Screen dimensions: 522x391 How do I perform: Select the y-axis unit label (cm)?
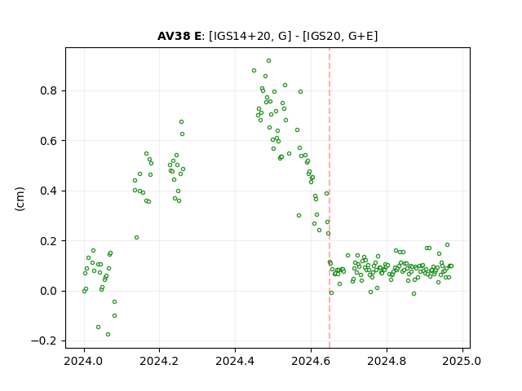[x=20, y=199]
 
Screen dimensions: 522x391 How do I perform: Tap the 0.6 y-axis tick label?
[x=49, y=141]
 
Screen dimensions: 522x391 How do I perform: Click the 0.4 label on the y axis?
[x=49, y=191]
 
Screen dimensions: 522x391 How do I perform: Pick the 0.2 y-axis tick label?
[x=49, y=241]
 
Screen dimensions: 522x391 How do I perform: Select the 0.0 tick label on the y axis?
[x=49, y=292]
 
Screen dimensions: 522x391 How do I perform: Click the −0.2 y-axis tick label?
[x=45, y=341]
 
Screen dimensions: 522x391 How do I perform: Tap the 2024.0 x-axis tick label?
[x=83, y=361]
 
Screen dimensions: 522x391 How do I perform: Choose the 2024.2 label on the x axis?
[x=159, y=361]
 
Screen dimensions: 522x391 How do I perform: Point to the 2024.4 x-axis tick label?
[x=235, y=361]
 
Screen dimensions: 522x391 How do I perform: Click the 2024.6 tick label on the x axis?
[x=311, y=361]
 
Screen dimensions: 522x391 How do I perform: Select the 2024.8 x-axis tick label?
[x=387, y=361]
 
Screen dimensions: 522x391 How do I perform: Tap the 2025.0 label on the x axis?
[x=462, y=361]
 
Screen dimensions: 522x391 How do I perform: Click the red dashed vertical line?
[x=330, y=198]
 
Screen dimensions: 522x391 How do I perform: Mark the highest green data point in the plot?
[x=268, y=61]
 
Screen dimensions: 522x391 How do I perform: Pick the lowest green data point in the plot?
[x=108, y=335]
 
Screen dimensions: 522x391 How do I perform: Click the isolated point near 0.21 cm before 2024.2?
[x=136, y=237]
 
